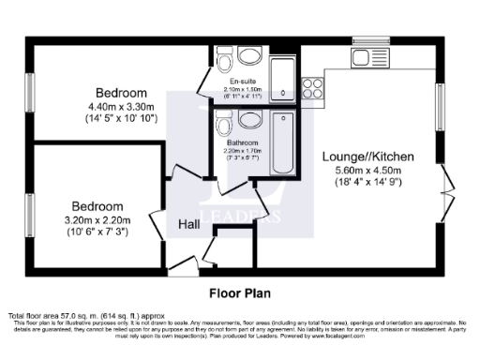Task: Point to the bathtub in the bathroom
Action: (x=282, y=142)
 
